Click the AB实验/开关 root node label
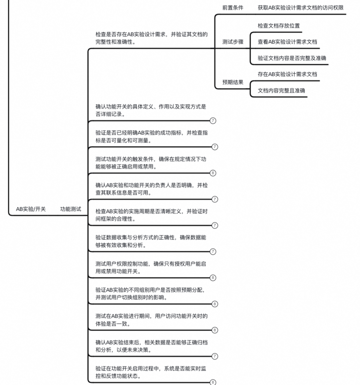(31, 209)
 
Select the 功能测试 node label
(70, 209)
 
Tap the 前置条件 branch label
(233, 8)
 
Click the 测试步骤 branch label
(233, 42)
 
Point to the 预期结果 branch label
(233, 82)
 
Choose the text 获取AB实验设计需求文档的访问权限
(300, 8)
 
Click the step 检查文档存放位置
(279, 26)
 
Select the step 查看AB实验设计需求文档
(287, 42)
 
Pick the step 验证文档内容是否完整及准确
(292, 58)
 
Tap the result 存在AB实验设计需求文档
(287, 74)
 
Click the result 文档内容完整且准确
(281, 91)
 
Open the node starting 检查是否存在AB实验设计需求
(151, 38)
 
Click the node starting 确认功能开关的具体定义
(150, 110)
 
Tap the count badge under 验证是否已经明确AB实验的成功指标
(214, 147)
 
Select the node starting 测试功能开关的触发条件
(150, 162)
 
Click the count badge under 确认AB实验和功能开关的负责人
(214, 199)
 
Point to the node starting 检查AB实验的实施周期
(150, 215)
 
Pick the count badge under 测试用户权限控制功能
(213, 278)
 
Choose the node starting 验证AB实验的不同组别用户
(150, 293)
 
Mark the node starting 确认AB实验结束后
(150, 345)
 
